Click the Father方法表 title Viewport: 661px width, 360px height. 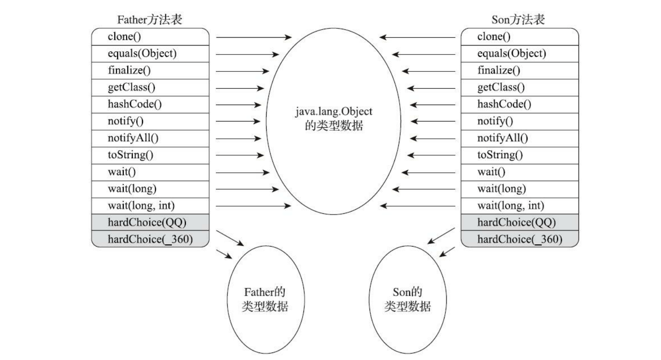(150, 20)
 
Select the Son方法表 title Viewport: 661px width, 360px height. (518, 20)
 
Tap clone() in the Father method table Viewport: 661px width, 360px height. (124, 37)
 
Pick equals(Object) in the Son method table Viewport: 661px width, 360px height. (511, 54)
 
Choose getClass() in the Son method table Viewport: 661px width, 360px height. (501, 87)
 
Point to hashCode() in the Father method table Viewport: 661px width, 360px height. (135, 104)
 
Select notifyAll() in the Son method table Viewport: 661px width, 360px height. (503, 138)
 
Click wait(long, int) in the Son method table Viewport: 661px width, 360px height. (511, 206)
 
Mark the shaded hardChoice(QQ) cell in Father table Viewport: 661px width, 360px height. (147, 223)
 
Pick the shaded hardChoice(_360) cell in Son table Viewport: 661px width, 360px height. (520, 239)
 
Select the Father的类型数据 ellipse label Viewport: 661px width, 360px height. (265, 299)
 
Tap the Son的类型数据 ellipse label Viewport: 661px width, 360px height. (407, 299)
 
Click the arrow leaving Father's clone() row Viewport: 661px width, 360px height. (254, 38)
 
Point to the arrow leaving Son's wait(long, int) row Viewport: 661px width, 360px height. (418, 206)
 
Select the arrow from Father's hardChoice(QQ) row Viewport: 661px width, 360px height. (230, 238)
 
